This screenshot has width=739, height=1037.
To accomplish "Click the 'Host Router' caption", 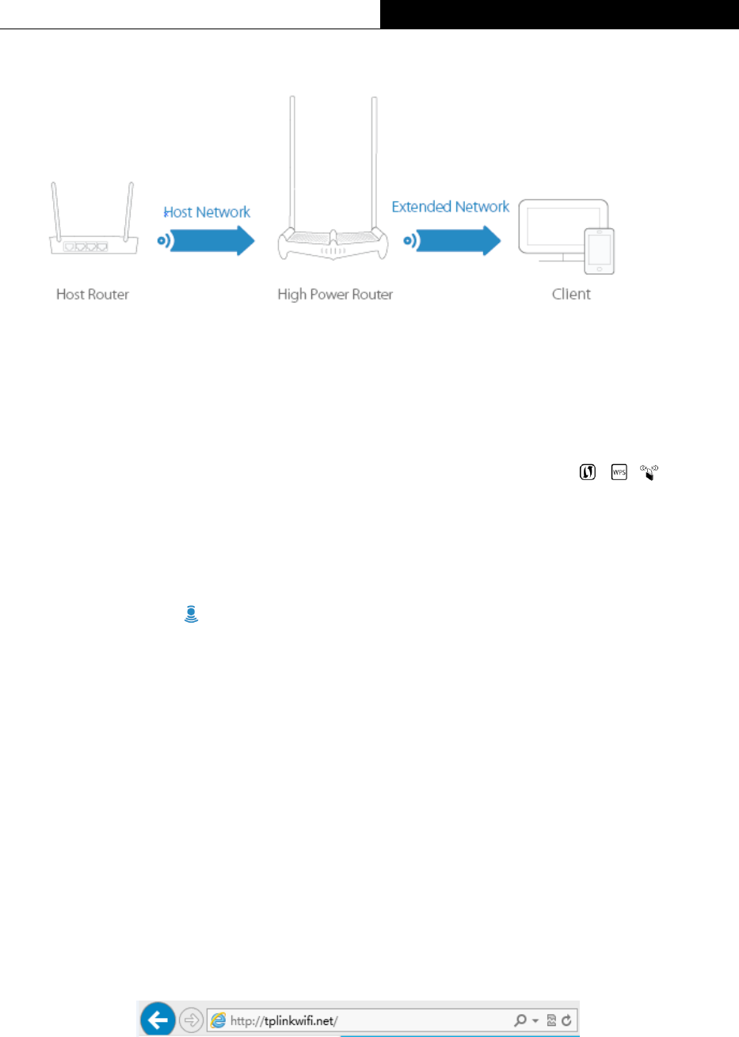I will (x=93, y=295).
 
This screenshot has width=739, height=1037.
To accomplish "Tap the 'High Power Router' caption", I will (x=335, y=295).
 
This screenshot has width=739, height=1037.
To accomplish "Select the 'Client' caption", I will (x=571, y=295).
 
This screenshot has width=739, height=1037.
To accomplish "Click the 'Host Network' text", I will (x=207, y=212).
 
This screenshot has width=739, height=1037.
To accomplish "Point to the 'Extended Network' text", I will (x=451, y=207).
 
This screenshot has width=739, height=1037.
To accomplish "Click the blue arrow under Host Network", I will (x=213, y=241).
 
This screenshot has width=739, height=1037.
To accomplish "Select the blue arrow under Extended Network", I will (x=458, y=240).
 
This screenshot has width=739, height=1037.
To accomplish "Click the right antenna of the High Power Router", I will (x=375, y=162).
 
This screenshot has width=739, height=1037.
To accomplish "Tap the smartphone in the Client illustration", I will (x=599, y=251).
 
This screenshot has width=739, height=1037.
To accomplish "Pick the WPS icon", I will (x=619, y=472).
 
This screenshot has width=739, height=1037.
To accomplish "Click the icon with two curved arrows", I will (x=587, y=472).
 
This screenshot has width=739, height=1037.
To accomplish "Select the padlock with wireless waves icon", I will (x=649, y=473).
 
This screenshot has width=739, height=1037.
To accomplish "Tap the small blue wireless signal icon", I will (x=191, y=613).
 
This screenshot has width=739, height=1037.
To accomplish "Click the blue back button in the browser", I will (x=158, y=1020).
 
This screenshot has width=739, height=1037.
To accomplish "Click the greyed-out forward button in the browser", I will (x=192, y=1020).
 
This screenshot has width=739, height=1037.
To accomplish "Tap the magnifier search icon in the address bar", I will (x=520, y=1020).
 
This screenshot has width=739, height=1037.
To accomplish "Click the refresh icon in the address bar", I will (x=566, y=1020).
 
